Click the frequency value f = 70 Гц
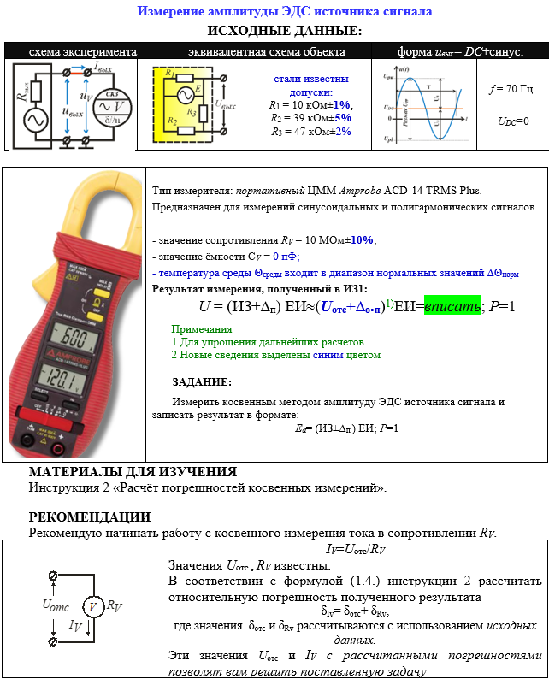coord(512,88)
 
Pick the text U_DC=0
coord(513,121)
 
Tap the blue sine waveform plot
coord(422,103)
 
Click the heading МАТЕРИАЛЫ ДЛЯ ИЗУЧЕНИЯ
coord(133,472)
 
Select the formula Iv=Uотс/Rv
coord(357,549)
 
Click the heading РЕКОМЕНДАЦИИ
coord(90,517)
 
